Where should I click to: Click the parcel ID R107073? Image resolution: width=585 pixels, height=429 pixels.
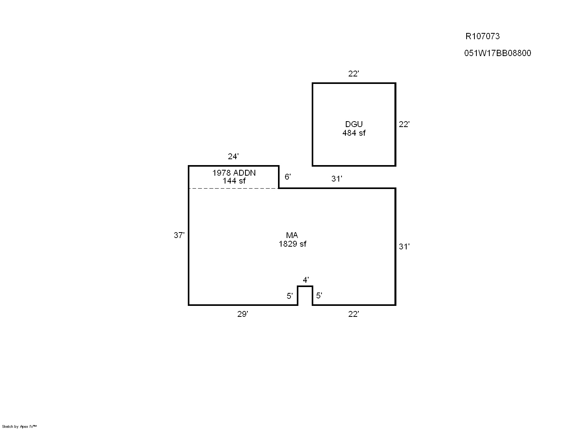click(x=482, y=36)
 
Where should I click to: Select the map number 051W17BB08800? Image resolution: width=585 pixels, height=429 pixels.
click(x=498, y=53)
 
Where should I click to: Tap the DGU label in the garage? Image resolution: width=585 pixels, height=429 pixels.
click(x=354, y=124)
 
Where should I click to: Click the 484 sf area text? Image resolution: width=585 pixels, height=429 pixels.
click(x=354, y=133)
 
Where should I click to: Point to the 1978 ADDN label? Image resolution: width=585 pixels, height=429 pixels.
click(x=234, y=173)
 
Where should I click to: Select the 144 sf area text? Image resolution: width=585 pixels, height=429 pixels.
click(x=234, y=181)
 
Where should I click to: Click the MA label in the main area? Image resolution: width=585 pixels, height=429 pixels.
click(x=292, y=235)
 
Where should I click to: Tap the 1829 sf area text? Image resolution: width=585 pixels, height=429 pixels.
click(x=292, y=244)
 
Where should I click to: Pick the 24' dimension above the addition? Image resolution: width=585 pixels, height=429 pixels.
click(x=233, y=156)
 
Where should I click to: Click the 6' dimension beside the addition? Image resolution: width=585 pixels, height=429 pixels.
click(x=287, y=177)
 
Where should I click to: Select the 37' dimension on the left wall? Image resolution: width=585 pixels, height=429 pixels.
click(x=179, y=235)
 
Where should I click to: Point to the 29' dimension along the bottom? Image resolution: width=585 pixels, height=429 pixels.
click(x=242, y=314)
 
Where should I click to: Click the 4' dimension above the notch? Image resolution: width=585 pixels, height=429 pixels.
click(x=306, y=280)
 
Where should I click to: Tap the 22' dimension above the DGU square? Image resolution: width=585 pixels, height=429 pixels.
click(x=353, y=74)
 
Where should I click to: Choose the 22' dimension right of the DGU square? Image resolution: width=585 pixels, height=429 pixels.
click(x=404, y=124)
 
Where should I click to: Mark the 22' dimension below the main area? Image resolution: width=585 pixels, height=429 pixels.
click(x=353, y=314)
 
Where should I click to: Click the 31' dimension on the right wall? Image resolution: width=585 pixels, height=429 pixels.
click(x=404, y=246)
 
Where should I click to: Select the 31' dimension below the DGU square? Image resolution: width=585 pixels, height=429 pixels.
click(x=337, y=179)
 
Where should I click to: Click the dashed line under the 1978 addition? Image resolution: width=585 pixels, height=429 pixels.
click(x=234, y=188)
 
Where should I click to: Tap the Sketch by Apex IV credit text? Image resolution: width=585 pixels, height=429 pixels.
click(x=19, y=426)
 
